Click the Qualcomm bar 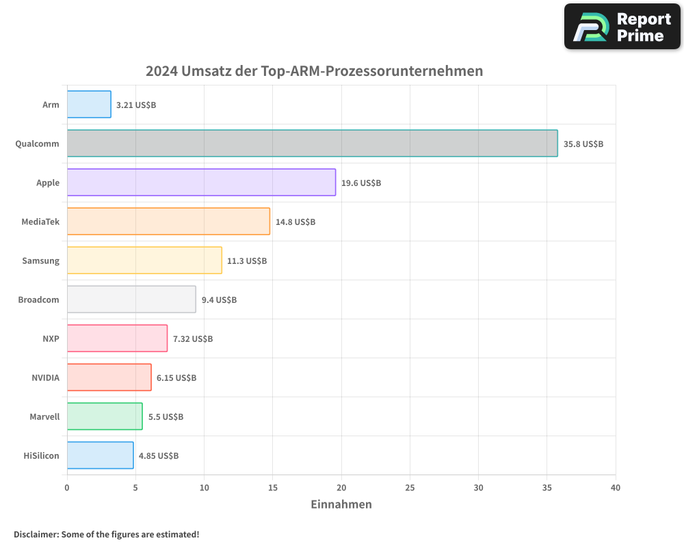pos(312,144)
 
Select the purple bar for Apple pos(201,183)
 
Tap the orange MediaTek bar pos(168,222)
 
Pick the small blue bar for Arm pos(89,105)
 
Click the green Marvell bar pos(105,416)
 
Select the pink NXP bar pos(117,338)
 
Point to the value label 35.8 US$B pos(583,144)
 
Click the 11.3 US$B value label pos(247,261)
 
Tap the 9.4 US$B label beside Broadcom pos(219,300)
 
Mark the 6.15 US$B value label pos(176,378)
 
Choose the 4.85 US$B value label pos(159,456)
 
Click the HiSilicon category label pos(42,456)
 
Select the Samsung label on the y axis pos(41,261)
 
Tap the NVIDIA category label pos(45,378)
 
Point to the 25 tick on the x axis pos(410,488)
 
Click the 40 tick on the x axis pos(615,488)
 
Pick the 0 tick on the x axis pos(67,488)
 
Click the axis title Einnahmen pos(341,505)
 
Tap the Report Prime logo pos(622,27)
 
